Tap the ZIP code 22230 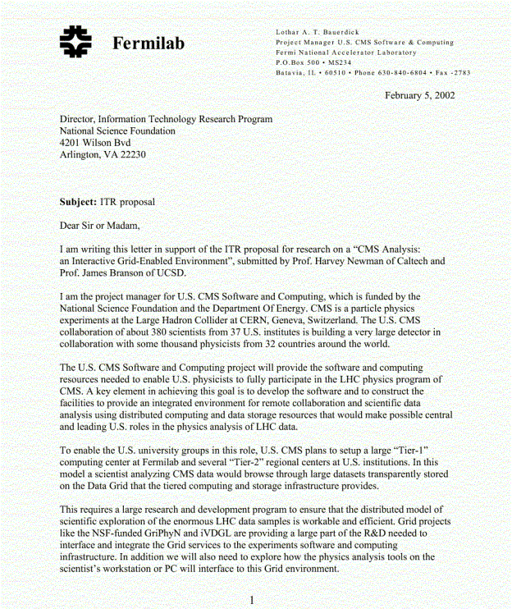point(131,154)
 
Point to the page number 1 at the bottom point(252,600)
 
